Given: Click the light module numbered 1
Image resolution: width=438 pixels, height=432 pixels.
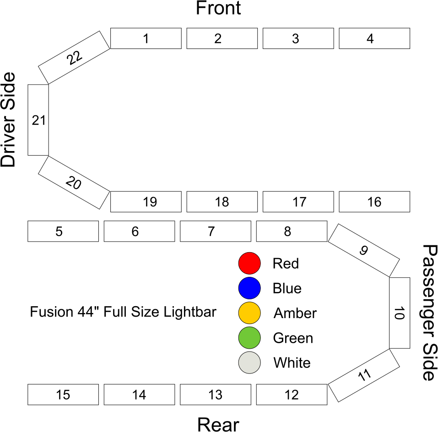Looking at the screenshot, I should pyautogui.click(x=146, y=38).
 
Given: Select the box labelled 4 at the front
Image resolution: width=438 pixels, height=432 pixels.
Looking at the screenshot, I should pyautogui.click(x=374, y=38).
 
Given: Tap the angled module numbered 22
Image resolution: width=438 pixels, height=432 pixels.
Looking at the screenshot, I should pyautogui.click(x=74, y=58).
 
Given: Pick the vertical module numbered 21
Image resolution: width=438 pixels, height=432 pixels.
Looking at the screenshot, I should pyautogui.click(x=38, y=120).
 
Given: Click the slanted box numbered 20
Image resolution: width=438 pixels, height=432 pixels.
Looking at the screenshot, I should pyautogui.click(x=74, y=183).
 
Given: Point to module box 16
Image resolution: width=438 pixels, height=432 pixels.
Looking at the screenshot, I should pyautogui.click(x=374, y=202).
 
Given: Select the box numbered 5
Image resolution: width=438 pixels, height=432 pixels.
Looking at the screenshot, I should pyautogui.click(x=63, y=231).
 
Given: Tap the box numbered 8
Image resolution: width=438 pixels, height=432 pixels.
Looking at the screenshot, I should pyautogui.click(x=292, y=231).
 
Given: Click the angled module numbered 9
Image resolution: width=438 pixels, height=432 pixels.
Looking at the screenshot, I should pyautogui.click(x=364, y=250).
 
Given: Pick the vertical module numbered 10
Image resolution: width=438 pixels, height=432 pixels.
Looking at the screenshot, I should pyautogui.click(x=399, y=313).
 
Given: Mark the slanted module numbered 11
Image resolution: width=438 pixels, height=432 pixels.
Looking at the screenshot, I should pyautogui.click(x=364, y=376).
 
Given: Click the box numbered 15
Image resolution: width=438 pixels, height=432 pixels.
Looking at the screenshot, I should pyautogui.click(x=63, y=395).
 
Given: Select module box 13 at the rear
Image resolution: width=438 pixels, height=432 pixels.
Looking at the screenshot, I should pyautogui.click(x=215, y=395).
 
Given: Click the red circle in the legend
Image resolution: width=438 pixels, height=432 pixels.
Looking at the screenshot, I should pyautogui.click(x=249, y=263).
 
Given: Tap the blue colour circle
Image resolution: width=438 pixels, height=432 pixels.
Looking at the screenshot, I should pyautogui.click(x=249, y=288).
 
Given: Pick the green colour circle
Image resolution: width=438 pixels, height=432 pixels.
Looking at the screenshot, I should pyautogui.click(x=249, y=338).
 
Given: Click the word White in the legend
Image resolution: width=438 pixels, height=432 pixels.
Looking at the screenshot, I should pyautogui.click(x=292, y=363).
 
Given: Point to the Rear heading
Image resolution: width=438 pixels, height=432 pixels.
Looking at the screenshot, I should pyautogui.click(x=218, y=424).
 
